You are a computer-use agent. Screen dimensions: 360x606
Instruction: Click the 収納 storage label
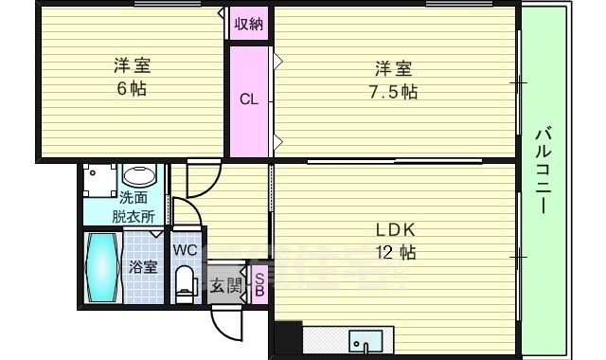click(249, 24)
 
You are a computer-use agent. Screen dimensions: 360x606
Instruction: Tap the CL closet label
click(248, 99)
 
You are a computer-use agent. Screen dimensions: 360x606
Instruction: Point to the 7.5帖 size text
click(393, 93)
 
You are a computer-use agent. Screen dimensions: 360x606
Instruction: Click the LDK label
click(396, 230)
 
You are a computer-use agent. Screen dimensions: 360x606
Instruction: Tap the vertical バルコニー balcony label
click(544, 170)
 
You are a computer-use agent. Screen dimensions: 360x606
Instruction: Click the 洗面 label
click(133, 198)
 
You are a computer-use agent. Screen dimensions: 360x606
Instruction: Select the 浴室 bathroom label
click(143, 267)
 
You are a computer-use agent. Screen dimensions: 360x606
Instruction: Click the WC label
click(185, 250)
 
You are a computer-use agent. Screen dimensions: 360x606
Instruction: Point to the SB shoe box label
click(260, 285)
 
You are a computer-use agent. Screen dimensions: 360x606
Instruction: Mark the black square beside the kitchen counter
click(287, 338)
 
